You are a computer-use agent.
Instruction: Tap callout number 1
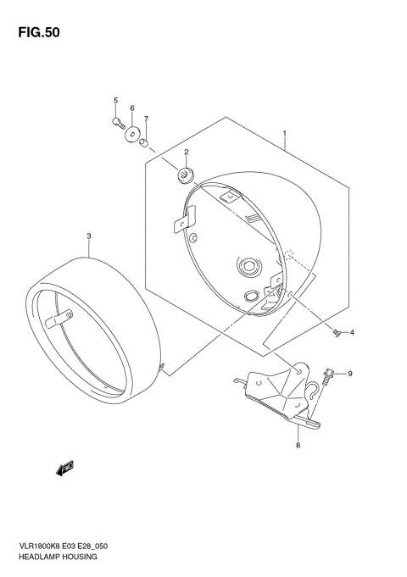point(285,134)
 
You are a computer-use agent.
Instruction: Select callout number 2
point(185,153)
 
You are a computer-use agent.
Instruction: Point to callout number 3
point(88,235)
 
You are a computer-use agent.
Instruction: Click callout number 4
point(353,331)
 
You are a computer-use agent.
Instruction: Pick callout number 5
point(115,102)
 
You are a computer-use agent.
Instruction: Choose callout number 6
point(131,109)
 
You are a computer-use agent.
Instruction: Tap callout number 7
point(146,119)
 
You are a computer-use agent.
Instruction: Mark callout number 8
point(298,444)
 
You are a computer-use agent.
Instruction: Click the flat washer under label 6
point(131,134)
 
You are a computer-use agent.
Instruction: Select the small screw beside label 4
point(336,332)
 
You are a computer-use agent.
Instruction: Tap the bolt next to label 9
point(329,373)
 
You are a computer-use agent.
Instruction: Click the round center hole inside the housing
point(248,267)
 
